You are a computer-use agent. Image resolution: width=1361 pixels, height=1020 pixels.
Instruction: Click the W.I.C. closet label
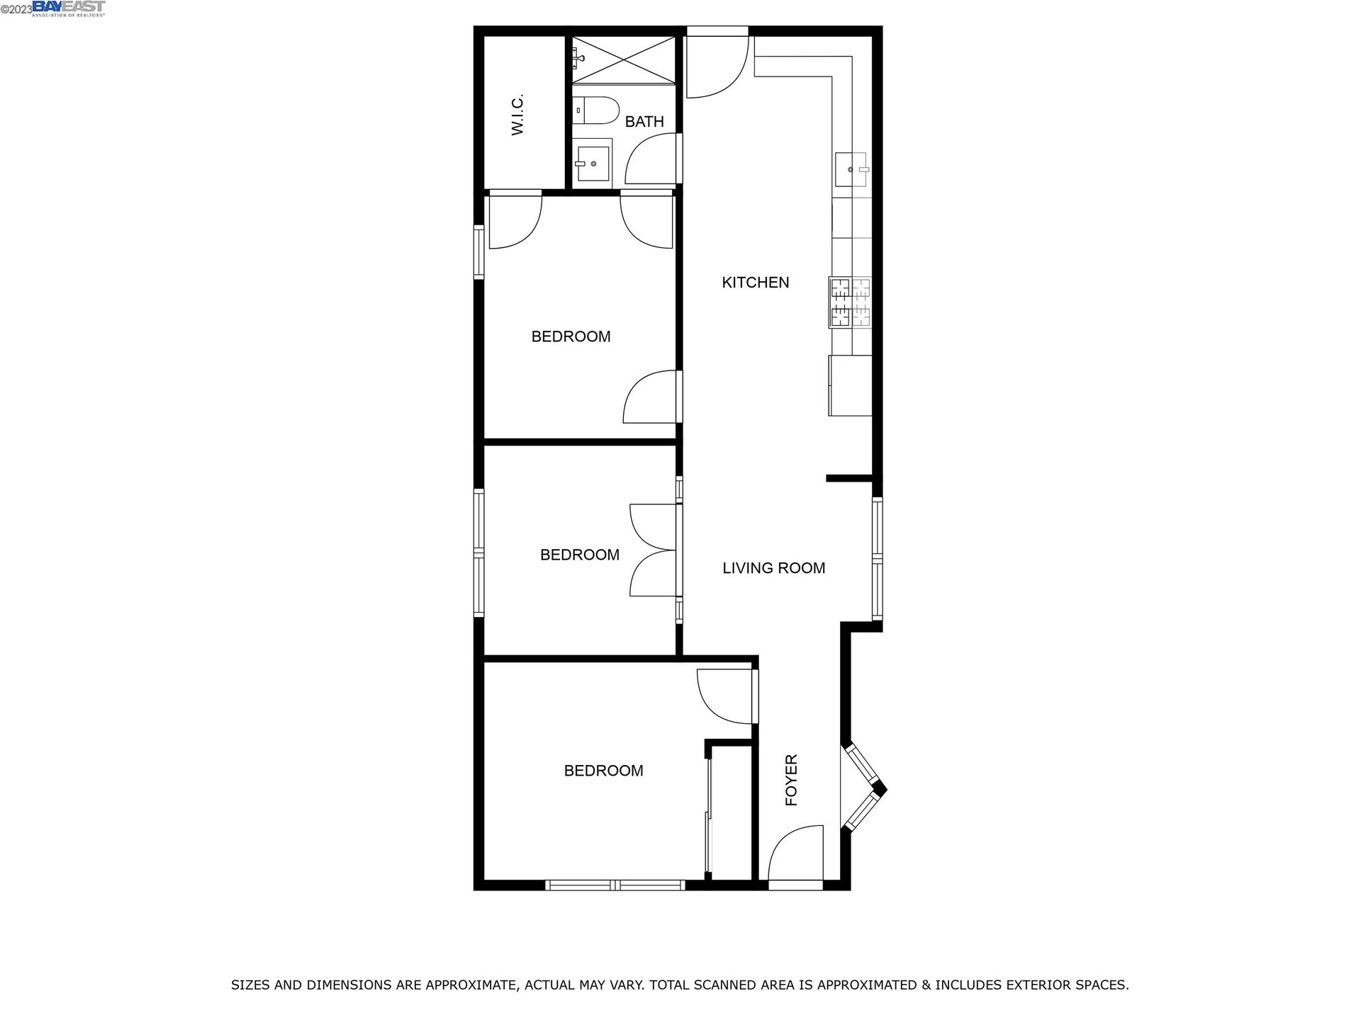click(x=517, y=114)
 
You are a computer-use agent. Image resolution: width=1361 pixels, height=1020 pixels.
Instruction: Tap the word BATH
click(x=644, y=122)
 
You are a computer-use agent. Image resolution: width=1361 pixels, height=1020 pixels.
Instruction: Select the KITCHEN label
click(x=755, y=283)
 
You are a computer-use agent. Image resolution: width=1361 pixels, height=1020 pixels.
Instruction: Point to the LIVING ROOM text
click(x=773, y=568)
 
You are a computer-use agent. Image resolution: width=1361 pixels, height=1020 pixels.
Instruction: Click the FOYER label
click(x=792, y=780)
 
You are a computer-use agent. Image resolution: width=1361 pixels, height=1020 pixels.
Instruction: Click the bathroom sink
click(x=592, y=164)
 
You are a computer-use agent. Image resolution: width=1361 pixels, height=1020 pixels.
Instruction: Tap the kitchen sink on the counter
click(x=852, y=170)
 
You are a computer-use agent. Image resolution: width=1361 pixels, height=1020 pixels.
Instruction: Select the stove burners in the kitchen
click(x=850, y=302)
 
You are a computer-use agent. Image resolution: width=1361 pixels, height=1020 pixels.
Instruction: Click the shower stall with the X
click(x=624, y=60)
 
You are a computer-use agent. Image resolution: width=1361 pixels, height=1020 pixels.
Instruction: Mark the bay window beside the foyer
click(x=863, y=786)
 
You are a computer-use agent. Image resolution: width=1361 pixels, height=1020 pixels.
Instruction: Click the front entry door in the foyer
click(x=795, y=857)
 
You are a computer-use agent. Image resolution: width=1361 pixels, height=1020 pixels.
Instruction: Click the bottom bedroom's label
click(x=603, y=771)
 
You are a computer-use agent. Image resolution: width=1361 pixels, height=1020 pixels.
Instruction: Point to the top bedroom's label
click(x=571, y=336)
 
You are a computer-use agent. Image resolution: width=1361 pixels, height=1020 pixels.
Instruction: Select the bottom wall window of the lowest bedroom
click(x=615, y=885)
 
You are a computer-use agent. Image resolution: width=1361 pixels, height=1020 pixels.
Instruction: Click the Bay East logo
click(x=69, y=8)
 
